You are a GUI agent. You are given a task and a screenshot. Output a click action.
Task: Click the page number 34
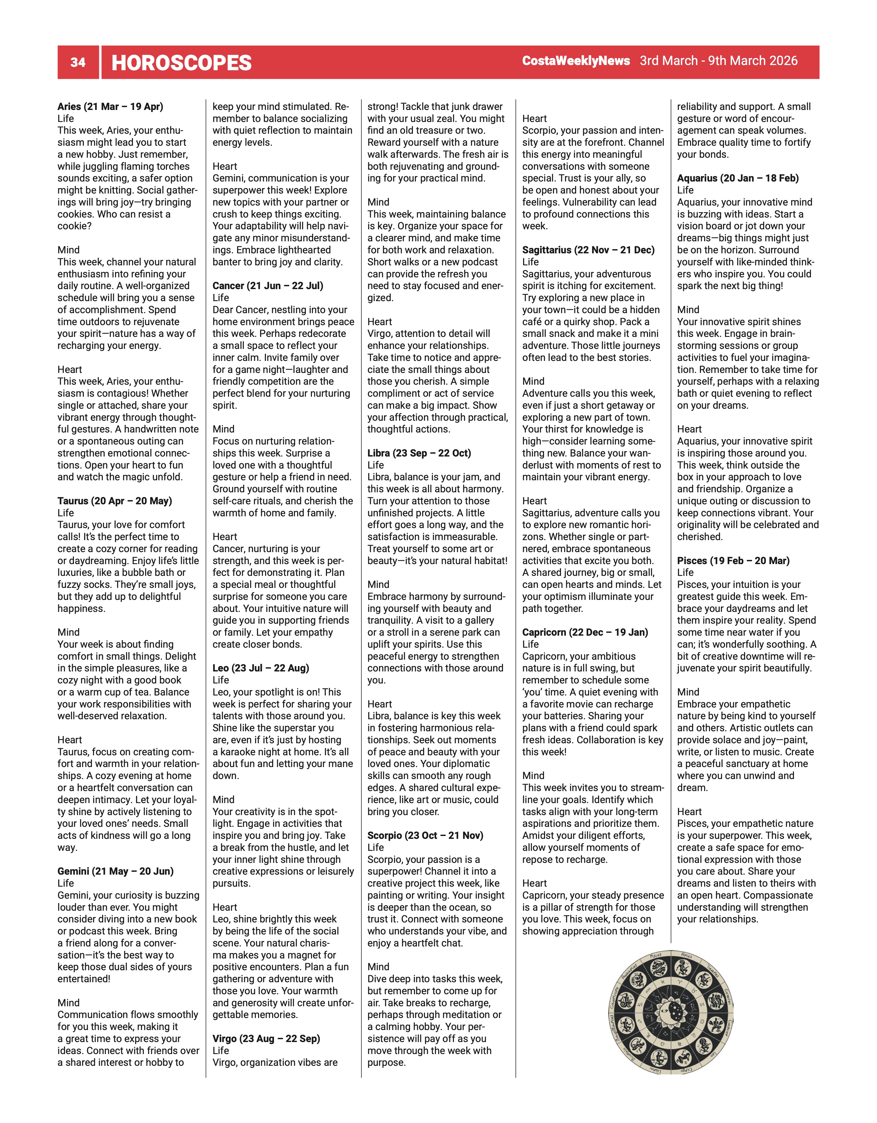click(78, 62)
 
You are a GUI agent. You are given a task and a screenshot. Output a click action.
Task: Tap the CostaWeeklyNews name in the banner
click(576, 61)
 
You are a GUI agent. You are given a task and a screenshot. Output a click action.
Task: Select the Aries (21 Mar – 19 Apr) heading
click(110, 107)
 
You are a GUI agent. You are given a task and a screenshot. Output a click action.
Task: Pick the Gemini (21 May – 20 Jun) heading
click(115, 871)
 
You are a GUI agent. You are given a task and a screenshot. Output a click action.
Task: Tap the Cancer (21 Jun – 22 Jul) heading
click(268, 286)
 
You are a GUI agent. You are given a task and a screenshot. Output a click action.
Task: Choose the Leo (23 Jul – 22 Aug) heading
click(261, 668)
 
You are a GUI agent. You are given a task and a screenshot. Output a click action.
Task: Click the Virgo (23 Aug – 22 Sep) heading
click(266, 1038)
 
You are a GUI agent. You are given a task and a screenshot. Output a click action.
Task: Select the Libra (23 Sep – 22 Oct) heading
click(419, 453)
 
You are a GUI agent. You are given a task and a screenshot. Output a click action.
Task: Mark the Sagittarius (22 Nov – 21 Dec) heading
click(588, 250)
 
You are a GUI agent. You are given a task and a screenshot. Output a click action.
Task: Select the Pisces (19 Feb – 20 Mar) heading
click(733, 560)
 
